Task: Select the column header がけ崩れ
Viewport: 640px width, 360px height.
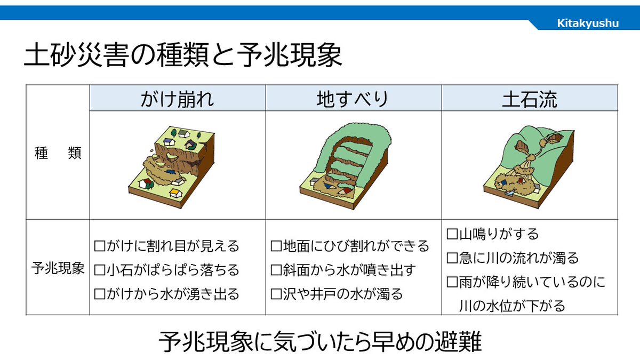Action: pos(178,99)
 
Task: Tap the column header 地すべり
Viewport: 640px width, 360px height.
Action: pos(353,99)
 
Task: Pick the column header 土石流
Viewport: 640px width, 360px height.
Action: pos(530,99)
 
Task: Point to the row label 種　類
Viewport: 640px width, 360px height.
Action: pos(58,154)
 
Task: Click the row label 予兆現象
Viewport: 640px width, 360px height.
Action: pos(58,268)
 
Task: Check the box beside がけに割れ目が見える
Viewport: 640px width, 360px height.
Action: pos(99,246)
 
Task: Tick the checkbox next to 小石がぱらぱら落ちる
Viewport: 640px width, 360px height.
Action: pos(99,270)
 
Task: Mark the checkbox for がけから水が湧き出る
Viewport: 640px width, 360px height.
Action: pos(99,293)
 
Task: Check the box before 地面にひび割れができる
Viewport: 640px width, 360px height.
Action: pos(276,246)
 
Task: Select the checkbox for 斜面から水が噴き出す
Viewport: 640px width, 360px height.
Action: pos(276,270)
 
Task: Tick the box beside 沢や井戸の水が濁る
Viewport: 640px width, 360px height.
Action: pos(276,293)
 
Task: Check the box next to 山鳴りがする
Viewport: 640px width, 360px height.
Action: pos(452,234)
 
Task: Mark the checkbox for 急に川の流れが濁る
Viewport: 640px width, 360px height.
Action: pos(452,258)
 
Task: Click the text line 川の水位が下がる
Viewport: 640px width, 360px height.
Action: pos(512,306)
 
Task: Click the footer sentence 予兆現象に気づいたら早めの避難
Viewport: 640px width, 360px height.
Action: pos(320,342)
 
